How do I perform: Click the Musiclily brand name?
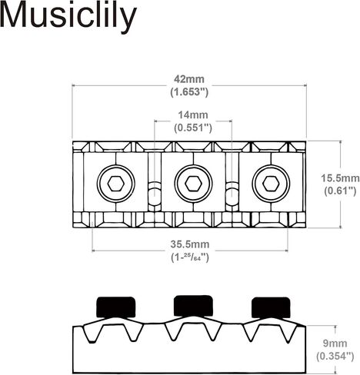coord(68,16)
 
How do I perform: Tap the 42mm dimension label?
coord(189,79)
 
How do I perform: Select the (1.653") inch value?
coord(189,92)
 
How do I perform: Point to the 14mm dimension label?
coord(193,115)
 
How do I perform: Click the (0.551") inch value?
coord(193,128)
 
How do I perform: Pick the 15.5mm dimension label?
coord(340,178)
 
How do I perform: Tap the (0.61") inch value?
coord(340,191)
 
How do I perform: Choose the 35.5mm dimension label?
coord(190,244)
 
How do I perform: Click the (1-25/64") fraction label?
coord(190,257)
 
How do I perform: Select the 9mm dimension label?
coord(335,343)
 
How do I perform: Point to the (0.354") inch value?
coord(335,357)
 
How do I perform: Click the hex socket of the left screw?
coord(116,184)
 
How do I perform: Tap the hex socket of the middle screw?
coord(193,184)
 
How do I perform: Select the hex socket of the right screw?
coord(271,184)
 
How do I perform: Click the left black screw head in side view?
coord(116,307)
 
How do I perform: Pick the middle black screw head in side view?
coord(193,306)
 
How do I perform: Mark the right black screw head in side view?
coord(271,307)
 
